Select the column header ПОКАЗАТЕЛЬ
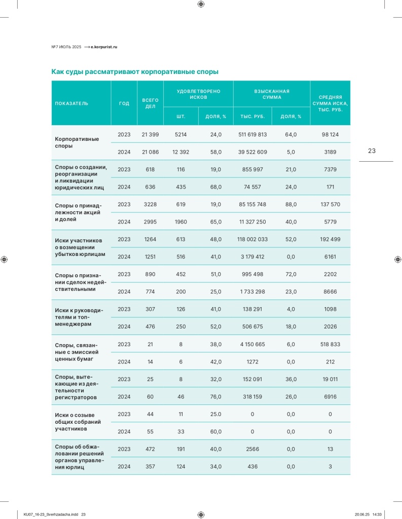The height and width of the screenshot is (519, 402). click(71, 103)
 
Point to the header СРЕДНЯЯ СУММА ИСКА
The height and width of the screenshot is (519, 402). click(330, 103)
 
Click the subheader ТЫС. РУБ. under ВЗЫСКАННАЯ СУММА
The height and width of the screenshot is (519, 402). click(252, 117)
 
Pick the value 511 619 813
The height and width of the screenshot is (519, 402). click(252, 135)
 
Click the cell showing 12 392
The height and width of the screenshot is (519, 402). click(180, 152)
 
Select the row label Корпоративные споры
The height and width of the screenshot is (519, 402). click(77, 142)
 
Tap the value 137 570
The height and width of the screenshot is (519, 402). click(330, 204)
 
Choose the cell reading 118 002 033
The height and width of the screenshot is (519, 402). click(252, 239)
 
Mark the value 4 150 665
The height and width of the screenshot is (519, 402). click(252, 344)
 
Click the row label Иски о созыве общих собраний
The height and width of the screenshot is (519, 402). click(78, 422)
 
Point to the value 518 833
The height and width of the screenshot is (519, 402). click(330, 344)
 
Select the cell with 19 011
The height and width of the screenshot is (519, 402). click(330, 379)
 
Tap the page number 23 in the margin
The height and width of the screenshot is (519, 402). click(372, 151)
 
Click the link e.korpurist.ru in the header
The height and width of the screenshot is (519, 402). click(104, 47)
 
